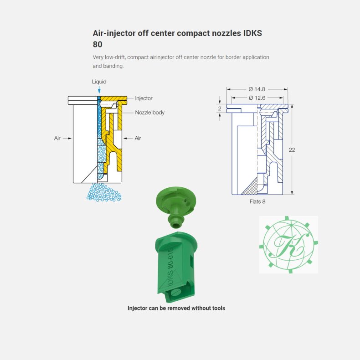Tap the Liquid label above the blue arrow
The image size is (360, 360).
point(99,82)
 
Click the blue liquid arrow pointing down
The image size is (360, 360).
point(99,90)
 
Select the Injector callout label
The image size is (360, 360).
point(144,98)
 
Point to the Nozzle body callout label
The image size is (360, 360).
point(149,112)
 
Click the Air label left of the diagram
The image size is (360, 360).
point(57,138)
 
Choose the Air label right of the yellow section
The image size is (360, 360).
point(138,138)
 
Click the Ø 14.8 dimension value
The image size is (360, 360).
point(257,89)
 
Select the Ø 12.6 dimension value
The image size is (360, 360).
point(257,98)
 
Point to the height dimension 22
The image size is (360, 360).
point(292,149)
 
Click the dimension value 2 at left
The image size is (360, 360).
point(219,108)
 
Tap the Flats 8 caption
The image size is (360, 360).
point(257,201)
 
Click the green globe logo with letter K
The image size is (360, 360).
point(288,244)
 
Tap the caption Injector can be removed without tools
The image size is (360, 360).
point(176,308)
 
